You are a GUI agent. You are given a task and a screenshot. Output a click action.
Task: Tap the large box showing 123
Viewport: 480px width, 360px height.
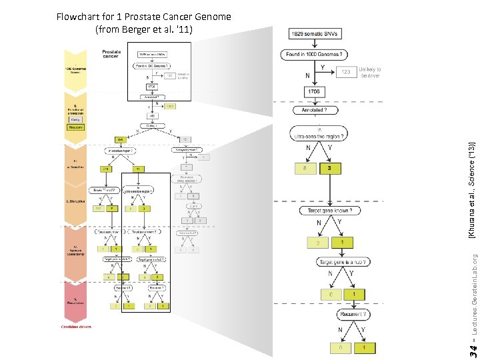point(346,72)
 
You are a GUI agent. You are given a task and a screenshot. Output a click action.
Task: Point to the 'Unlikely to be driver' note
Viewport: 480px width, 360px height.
point(371,72)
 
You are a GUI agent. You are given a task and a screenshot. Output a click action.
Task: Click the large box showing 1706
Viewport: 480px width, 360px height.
point(315,91)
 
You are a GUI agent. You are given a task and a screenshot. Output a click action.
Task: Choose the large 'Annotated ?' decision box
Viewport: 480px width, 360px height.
point(315,110)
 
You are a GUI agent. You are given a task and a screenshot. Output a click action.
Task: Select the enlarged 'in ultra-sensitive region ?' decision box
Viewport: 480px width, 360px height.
point(319,133)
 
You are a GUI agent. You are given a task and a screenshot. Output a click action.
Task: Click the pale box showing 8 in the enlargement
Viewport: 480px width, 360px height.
point(305,169)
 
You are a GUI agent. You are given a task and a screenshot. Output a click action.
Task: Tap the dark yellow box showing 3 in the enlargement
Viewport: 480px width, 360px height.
point(329,169)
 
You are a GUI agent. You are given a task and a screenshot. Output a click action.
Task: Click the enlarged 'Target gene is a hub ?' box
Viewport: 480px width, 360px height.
point(343,262)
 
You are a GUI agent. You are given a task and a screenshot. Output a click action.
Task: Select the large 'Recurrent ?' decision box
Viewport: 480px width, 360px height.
point(351,314)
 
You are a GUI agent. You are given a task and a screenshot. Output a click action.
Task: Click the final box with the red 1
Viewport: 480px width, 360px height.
point(364,347)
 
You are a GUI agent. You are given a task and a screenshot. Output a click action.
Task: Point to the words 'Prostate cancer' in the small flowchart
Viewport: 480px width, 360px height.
point(111,54)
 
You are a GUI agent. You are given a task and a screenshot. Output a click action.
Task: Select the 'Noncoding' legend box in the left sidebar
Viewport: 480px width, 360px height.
point(75,127)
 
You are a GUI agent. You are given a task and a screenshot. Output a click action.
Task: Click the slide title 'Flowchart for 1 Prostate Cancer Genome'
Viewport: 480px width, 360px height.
point(143,17)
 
